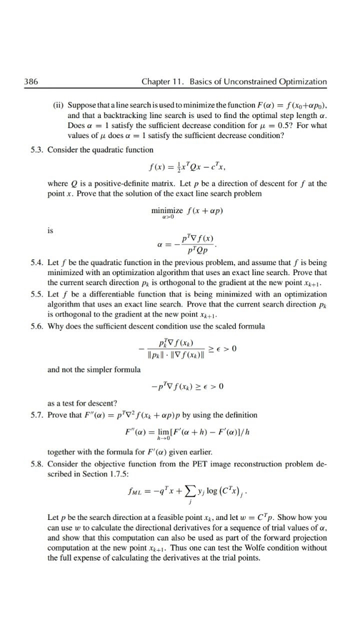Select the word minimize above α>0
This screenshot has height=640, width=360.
pos(166,192)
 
